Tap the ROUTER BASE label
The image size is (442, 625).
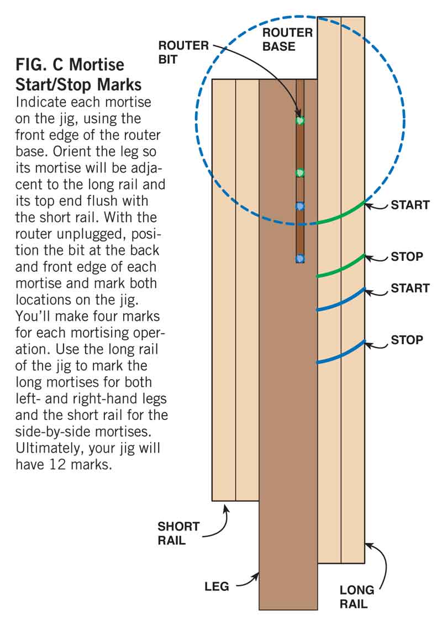(287, 39)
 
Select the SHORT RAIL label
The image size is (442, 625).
(178, 533)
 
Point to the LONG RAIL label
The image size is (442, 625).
(357, 597)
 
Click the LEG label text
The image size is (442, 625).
(217, 586)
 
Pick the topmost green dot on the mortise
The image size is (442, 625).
(300, 120)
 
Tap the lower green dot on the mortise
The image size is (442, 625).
(300, 173)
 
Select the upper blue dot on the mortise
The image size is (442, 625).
(300, 206)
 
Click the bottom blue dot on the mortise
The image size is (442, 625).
(300, 258)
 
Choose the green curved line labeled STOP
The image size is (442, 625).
(341, 266)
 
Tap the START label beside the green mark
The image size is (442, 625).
(410, 206)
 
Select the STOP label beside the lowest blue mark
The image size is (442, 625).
(407, 339)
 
